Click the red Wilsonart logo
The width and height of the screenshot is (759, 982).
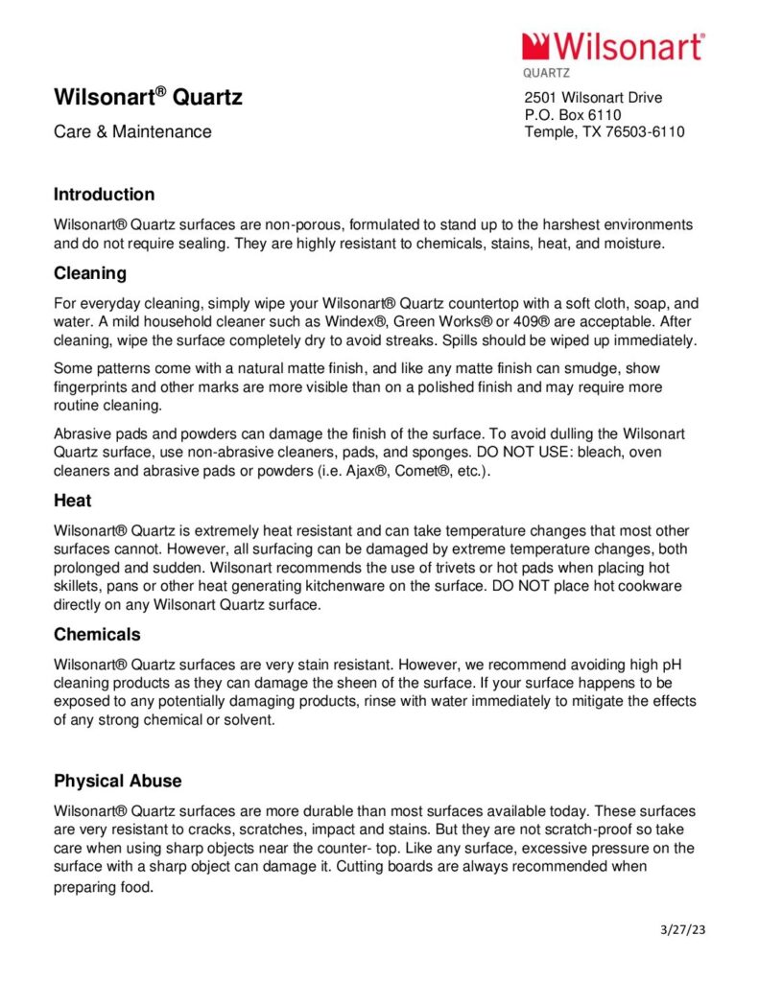[613, 47]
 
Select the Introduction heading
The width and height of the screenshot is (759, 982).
[104, 195]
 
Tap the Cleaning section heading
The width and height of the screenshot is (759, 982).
[90, 273]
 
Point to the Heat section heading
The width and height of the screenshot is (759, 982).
[73, 501]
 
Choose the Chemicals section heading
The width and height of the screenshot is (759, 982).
[97, 635]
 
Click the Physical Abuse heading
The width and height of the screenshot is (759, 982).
[117, 781]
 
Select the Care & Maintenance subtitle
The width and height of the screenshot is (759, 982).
[132, 132]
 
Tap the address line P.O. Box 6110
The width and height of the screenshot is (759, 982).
[573, 115]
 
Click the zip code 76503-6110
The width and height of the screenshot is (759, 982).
[641, 132]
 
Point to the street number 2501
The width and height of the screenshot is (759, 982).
[540, 98]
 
